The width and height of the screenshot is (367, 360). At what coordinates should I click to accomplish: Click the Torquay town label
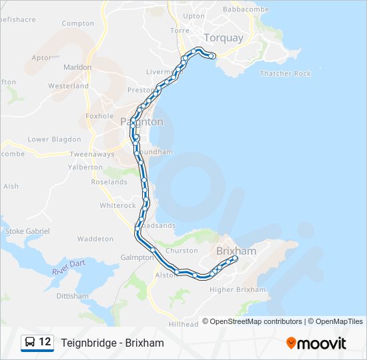coord(224,38)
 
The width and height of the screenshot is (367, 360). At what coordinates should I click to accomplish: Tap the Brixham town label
coord(236,251)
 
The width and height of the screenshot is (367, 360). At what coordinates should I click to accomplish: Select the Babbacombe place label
coord(245,9)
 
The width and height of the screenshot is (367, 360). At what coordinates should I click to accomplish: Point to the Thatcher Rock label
coord(285,73)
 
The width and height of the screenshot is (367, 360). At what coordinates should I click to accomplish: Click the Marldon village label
coord(77,67)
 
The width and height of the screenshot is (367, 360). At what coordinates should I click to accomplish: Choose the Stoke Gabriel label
coord(27,231)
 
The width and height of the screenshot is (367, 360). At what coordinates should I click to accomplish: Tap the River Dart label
coord(69,267)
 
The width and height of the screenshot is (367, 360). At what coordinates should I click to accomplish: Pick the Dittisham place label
coord(73,296)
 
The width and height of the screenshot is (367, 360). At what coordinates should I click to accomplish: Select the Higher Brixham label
coord(238,290)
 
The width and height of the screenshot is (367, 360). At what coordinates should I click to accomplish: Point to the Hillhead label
coord(183,324)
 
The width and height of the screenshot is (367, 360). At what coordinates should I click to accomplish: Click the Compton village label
coord(78,23)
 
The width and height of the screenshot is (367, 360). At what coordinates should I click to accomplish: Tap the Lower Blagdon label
coord(54,140)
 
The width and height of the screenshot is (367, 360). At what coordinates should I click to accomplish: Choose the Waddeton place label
coord(95,239)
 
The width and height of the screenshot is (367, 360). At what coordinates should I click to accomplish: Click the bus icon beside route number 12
coord(30,343)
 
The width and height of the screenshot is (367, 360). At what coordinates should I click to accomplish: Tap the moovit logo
coord(316,343)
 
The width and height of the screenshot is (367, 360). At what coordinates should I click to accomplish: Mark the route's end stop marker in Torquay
coord(212,57)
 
